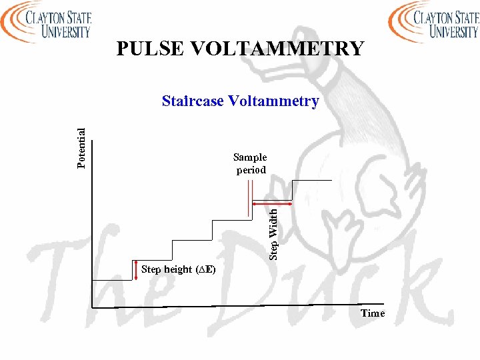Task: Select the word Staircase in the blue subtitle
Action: click(x=192, y=101)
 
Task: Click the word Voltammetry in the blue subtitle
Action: click(x=273, y=101)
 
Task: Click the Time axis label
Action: click(x=373, y=313)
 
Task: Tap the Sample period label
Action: click(x=250, y=163)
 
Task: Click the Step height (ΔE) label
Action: click(x=177, y=269)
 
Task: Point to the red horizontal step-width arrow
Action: click(x=272, y=203)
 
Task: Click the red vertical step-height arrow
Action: click(x=136, y=269)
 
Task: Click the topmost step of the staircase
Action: click(x=312, y=180)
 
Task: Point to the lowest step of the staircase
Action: click(x=113, y=280)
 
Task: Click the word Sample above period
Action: click(x=250, y=157)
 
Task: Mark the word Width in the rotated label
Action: click(x=273, y=222)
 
